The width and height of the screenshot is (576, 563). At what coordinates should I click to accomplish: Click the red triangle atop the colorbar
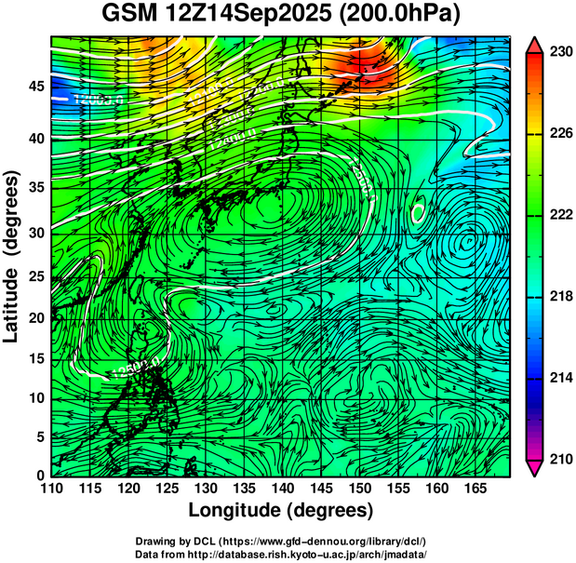(x=535, y=45)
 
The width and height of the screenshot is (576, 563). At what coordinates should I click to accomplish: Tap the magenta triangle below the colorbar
(x=535, y=467)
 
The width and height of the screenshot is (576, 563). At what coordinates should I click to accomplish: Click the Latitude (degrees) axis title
(x=14, y=256)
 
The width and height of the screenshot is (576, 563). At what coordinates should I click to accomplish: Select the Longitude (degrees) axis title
(x=281, y=510)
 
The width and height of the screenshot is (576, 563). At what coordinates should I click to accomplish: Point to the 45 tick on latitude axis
(x=34, y=87)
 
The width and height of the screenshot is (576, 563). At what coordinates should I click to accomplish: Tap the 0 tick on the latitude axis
(x=39, y=476)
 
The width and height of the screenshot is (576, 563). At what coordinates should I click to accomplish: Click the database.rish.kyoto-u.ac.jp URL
(x=315, y=553)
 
